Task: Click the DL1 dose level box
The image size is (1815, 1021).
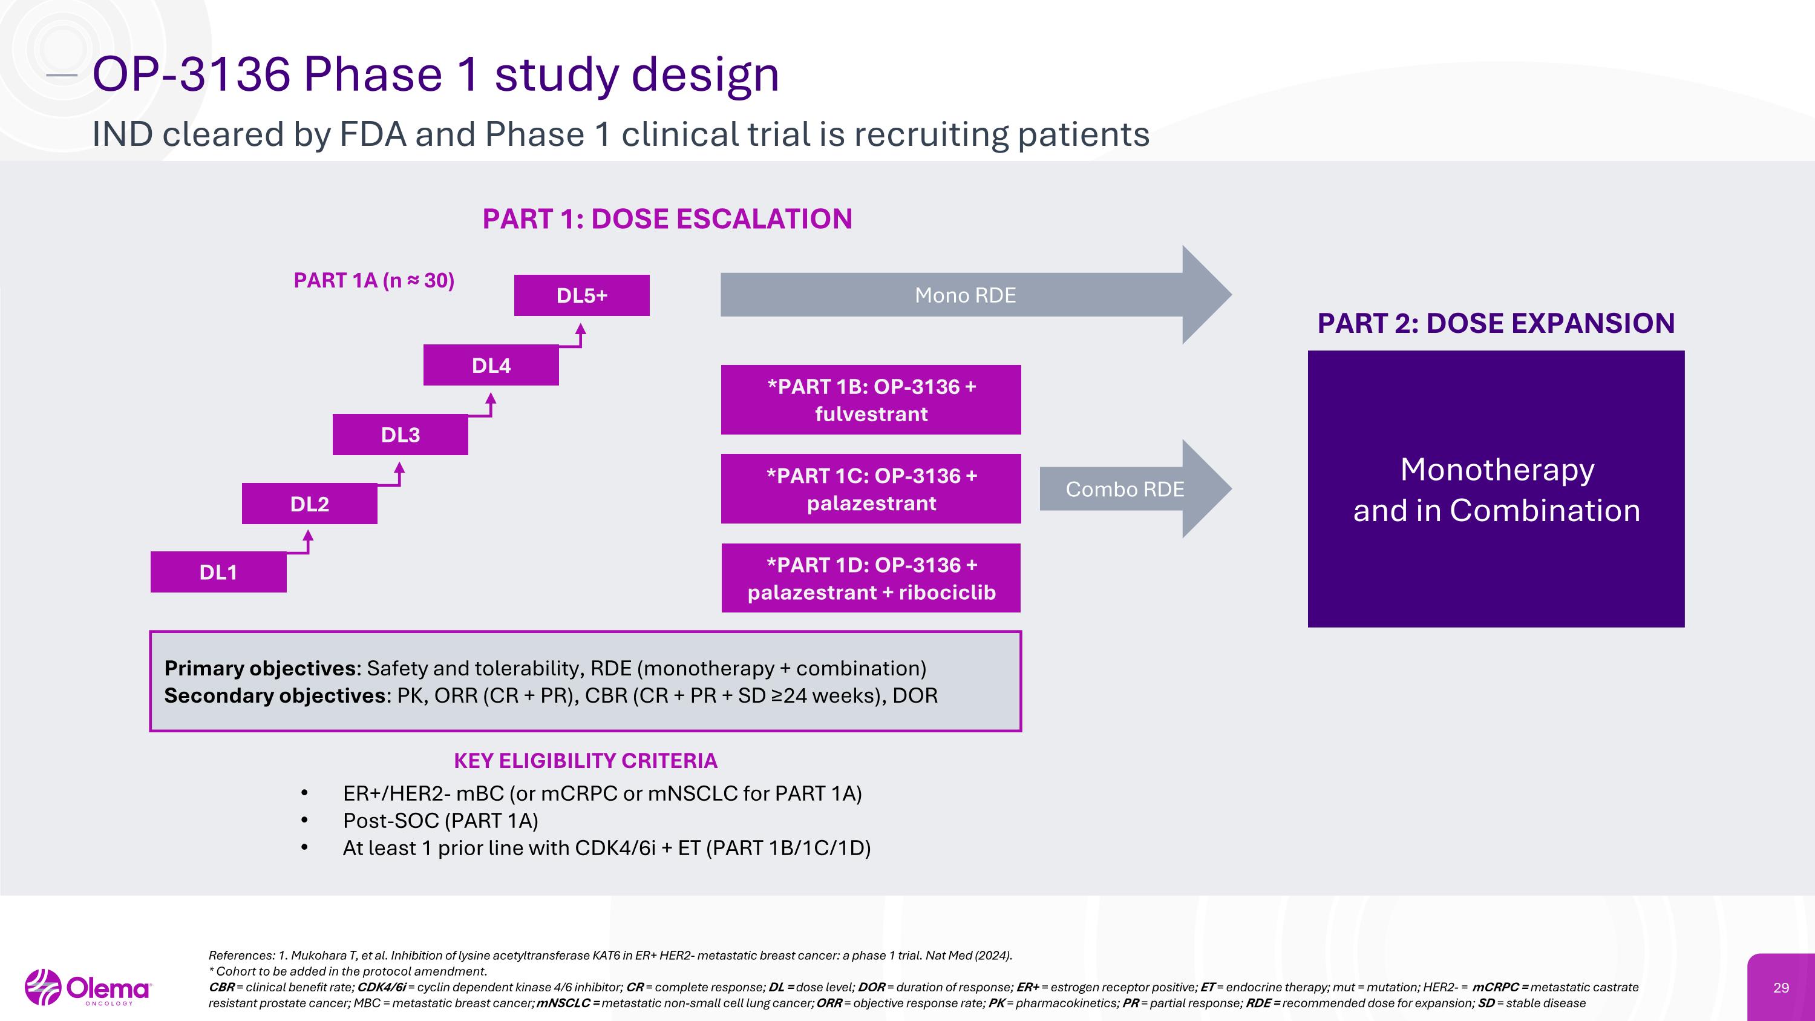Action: coord(218,572)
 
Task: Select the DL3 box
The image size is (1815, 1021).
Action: coord(400,435)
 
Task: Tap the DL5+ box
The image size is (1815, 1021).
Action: coord(581,295)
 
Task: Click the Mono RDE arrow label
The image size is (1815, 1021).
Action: coord(964,295)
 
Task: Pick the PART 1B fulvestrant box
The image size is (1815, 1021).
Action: coord(871,399)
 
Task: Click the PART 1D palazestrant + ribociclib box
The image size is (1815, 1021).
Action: coord(871,578)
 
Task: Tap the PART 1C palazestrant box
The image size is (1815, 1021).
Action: coord(871,489)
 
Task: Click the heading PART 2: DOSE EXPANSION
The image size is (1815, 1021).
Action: coord(1496,323)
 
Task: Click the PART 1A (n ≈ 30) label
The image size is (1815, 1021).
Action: coord(373,280)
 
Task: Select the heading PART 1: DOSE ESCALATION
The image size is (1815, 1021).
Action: coord(667,219)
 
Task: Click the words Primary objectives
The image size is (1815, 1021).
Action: coord(260,668)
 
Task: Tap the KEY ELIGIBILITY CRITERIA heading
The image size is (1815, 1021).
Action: coord(585,761)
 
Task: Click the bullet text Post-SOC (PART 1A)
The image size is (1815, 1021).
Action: coord(440,821)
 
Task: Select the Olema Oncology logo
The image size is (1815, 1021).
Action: coord(88,988)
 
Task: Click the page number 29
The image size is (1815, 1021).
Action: coord(1781,988)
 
